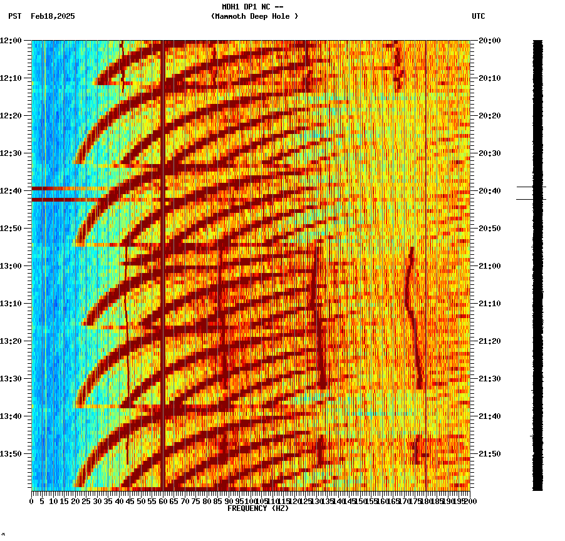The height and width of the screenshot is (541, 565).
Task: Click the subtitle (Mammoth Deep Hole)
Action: (254, 16)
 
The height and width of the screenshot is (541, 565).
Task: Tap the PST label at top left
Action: (14, 16)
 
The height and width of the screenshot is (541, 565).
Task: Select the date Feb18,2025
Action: (53, 16)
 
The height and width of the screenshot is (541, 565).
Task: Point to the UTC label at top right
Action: (478, 16)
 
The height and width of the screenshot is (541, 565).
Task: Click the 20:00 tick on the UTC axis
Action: (489, 41)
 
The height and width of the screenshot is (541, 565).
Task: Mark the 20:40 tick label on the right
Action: (489, 191)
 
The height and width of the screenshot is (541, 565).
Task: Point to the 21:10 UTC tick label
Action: (489, 304)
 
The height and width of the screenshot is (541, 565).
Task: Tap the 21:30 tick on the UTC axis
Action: (489, 379)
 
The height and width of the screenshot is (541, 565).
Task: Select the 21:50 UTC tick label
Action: (489, 454)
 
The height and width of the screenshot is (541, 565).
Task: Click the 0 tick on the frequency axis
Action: (32, 501)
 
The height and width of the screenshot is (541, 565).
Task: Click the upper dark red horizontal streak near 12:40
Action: (63, 188)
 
